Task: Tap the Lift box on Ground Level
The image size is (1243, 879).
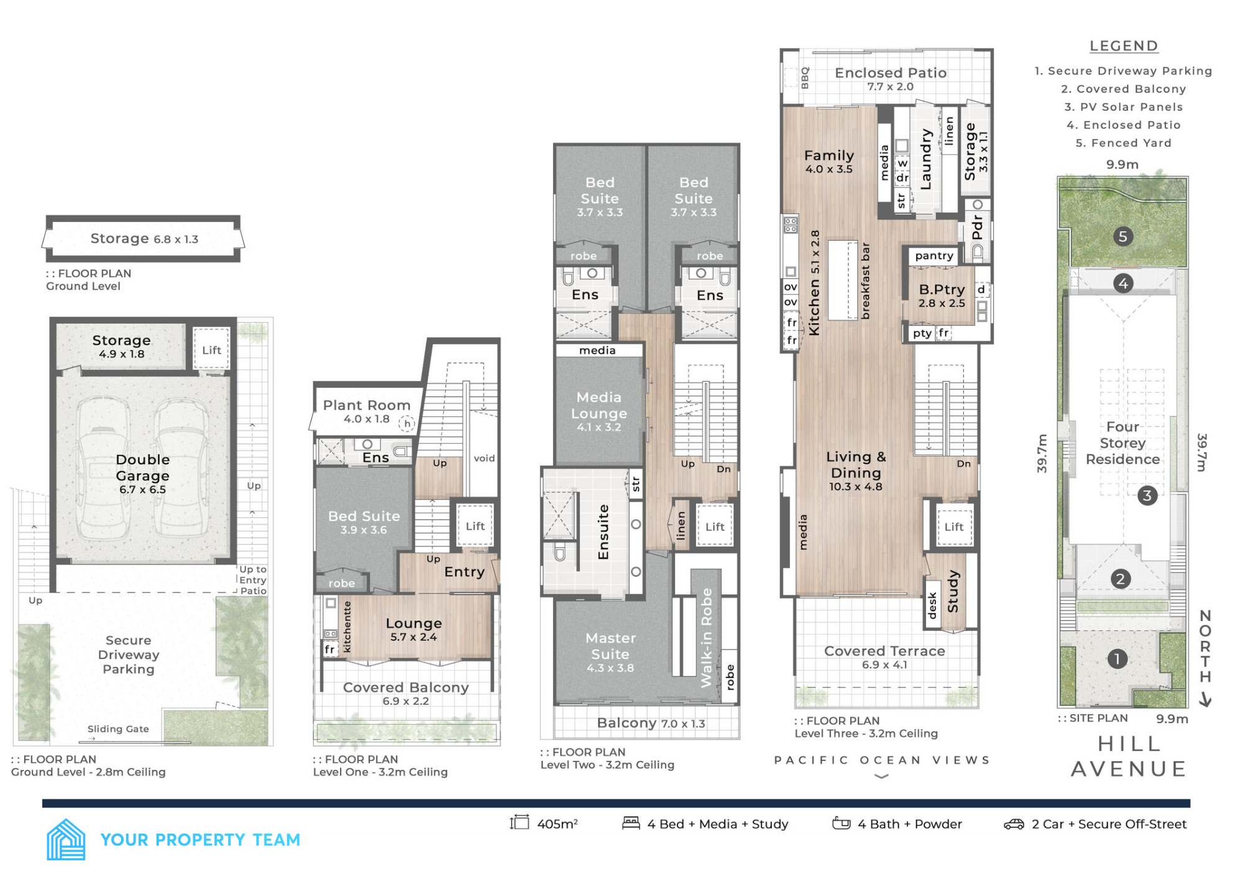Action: coord(211,350)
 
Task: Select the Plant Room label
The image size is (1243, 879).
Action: coord(366,405)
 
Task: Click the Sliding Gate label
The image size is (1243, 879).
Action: coord(118,729)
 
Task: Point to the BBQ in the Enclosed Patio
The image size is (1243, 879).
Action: coord(804,78)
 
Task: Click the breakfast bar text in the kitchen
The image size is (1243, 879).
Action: coord(865,280)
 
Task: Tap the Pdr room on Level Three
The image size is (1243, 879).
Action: coord(977,228)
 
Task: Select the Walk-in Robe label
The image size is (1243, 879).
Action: coord(706,637)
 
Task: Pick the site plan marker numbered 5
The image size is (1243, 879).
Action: coord(1122,236)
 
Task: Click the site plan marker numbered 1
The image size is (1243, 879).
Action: coord(1117,659)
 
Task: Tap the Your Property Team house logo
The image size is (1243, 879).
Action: coord(66,839)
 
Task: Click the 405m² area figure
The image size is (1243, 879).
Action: coord(557,824)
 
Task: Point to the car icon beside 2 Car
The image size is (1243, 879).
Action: coord(1014,824)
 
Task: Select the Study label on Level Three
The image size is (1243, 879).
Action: coord(953,591)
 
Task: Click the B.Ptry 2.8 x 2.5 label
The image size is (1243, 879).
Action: coord(942,295)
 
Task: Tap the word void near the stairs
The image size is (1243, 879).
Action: coord(484,458)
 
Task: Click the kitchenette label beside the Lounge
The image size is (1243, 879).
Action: coord(347,626)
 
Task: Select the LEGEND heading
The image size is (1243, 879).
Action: coord(1124,46)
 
